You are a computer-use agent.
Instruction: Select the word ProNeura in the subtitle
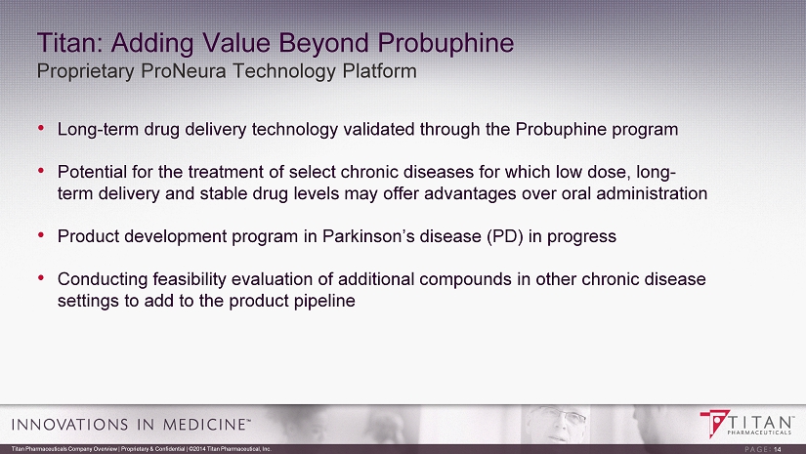point(182,71)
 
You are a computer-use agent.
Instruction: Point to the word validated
point(379,129)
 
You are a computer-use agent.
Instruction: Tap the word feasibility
point(190,279)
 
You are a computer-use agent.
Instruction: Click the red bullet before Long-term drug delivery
point(41,128)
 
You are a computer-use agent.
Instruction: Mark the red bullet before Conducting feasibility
point(41,278)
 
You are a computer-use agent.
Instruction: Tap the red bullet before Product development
point(41,235)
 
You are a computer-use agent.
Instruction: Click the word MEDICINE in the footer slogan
point(203,425)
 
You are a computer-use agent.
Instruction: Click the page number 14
point(778,449)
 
